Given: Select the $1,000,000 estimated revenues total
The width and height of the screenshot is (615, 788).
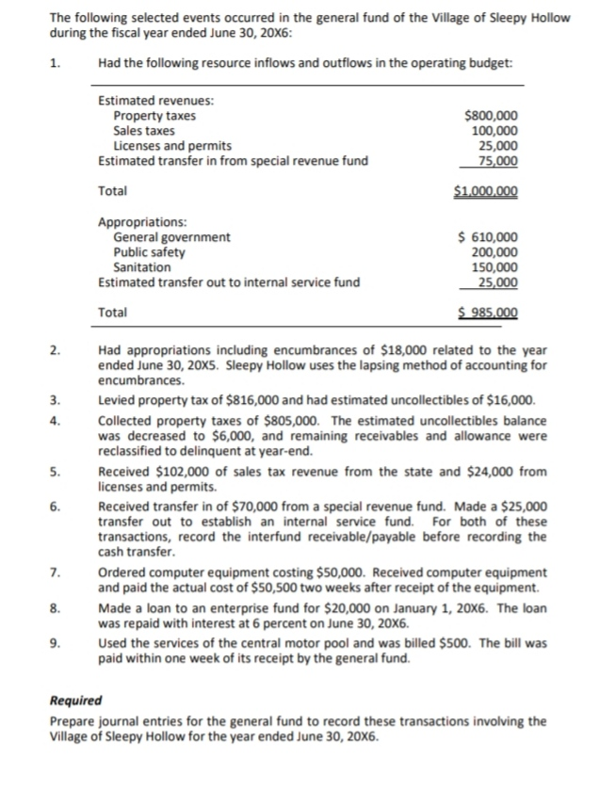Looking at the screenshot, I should click(486, 191).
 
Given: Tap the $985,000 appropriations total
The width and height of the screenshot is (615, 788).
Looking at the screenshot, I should click(488, 313).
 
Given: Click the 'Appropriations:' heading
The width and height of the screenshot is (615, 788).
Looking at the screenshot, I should click(142, 223).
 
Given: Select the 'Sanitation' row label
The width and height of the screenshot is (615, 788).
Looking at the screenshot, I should click(142, 267).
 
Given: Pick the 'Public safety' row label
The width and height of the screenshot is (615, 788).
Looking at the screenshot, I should click(149, 252).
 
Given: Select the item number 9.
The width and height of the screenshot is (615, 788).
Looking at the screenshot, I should click(57, 645).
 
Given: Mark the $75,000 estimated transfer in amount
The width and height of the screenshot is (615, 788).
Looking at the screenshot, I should click(497, 160).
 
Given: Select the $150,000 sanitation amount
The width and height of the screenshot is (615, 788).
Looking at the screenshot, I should click(494, 267).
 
